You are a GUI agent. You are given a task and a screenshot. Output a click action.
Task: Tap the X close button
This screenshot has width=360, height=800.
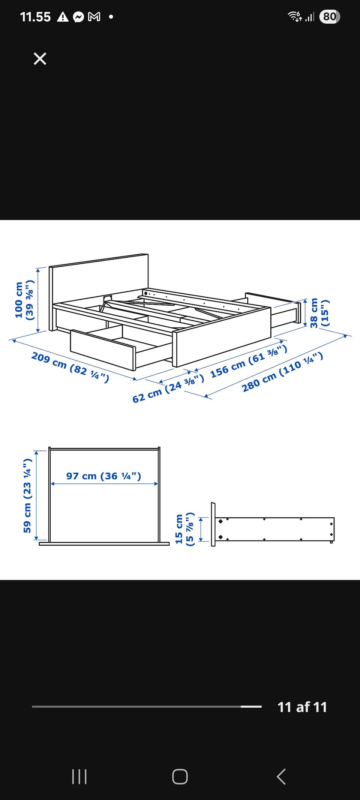(40, 59)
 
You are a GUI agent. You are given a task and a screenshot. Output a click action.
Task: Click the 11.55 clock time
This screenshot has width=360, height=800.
(35, 17)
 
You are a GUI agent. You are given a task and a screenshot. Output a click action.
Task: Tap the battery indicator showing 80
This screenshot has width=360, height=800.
(330, 17)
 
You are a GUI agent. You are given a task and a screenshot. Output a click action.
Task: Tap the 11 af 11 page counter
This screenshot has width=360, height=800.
(302, 707)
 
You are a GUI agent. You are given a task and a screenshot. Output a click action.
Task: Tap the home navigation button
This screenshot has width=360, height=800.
(180, 776)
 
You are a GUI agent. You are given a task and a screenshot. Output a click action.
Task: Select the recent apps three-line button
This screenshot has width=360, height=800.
(79, 776)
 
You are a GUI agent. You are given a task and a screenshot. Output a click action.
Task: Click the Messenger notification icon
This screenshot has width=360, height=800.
(78, 17)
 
